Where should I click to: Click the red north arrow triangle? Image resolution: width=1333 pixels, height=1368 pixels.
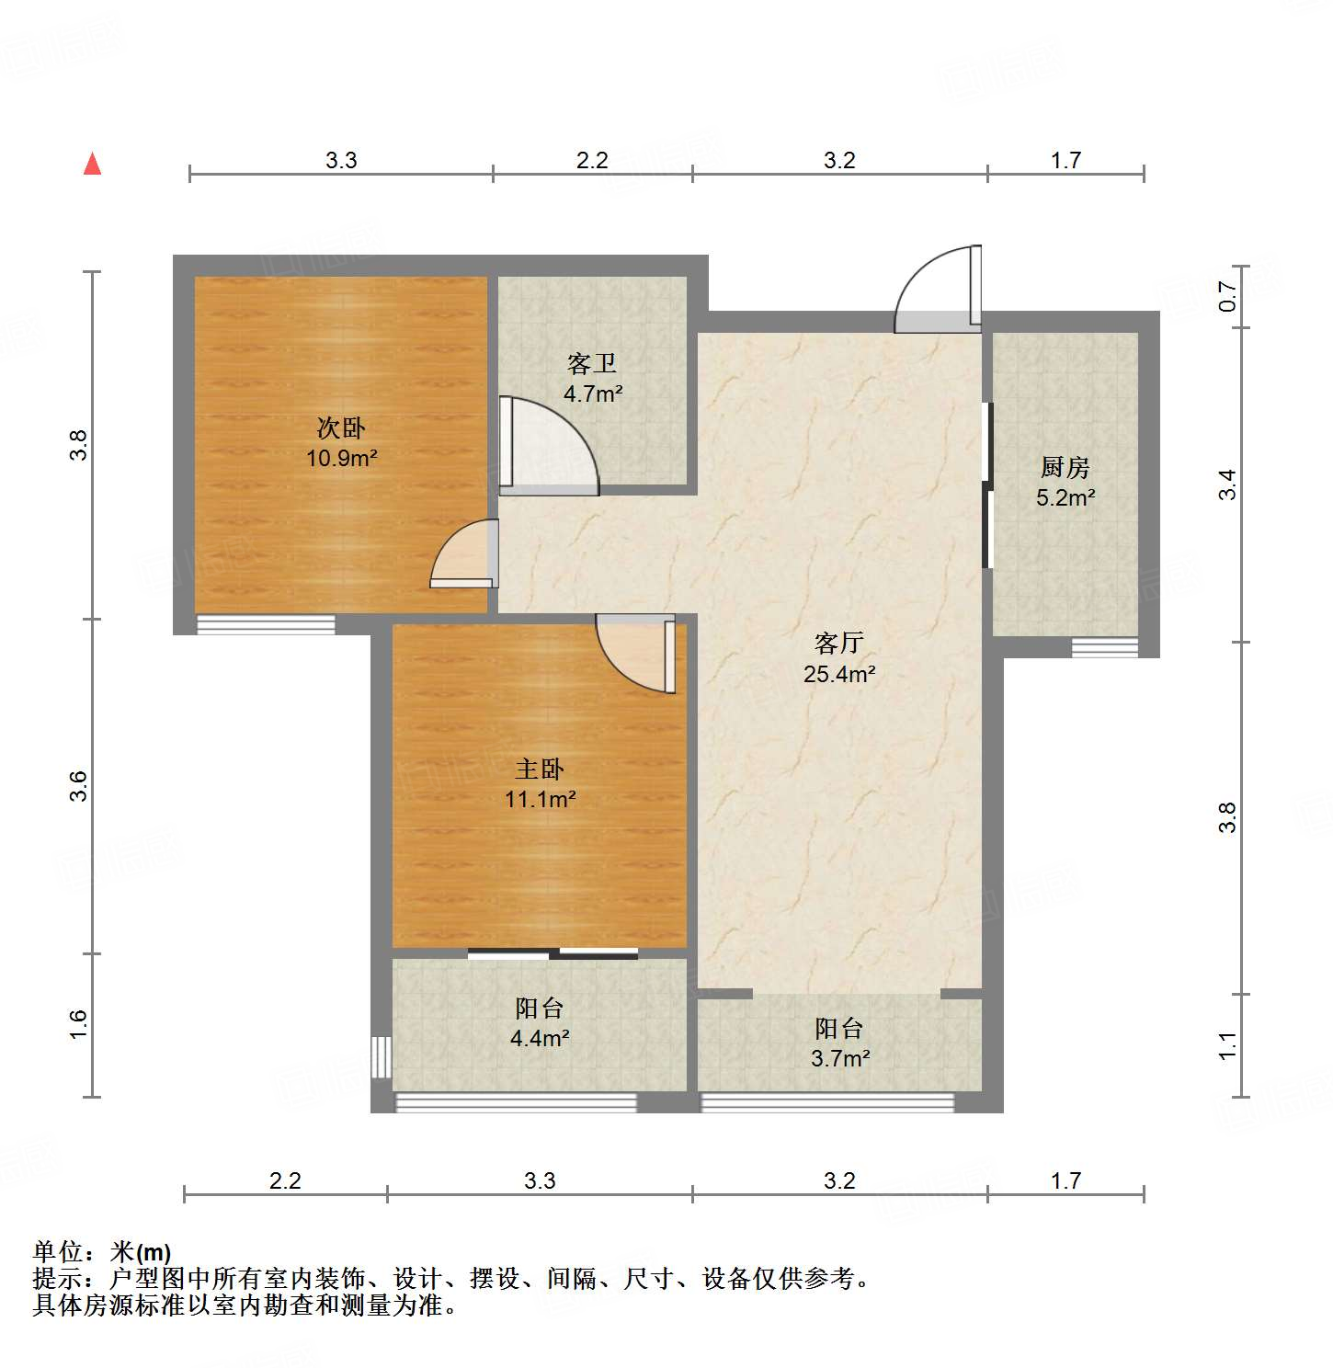pos(92,165)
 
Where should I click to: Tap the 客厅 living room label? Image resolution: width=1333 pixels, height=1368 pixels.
pos(838,642)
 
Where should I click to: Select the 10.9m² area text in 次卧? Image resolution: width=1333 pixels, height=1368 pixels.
pos(342,458)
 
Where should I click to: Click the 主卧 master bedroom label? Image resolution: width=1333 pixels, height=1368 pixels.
pos(540,769)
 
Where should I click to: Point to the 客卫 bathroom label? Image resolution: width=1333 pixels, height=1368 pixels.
pos(592,364)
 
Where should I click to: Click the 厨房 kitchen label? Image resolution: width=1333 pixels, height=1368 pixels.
pos(1065,467)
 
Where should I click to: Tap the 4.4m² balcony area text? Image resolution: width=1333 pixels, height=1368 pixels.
pos(540,1039)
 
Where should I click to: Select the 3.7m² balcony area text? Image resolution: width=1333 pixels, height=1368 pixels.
pos(839,1059)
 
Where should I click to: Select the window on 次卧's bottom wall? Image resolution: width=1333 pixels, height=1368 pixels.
pos(267,624)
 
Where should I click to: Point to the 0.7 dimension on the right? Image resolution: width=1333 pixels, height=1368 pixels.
pos(1228,296)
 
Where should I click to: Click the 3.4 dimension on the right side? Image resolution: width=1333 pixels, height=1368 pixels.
pos(1228,484)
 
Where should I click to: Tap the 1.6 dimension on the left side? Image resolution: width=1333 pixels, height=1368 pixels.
pos(78,1024)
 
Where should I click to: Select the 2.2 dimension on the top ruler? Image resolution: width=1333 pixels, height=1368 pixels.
pos(592,160)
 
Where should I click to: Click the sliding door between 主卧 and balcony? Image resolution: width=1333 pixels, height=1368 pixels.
pos(553,953)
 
